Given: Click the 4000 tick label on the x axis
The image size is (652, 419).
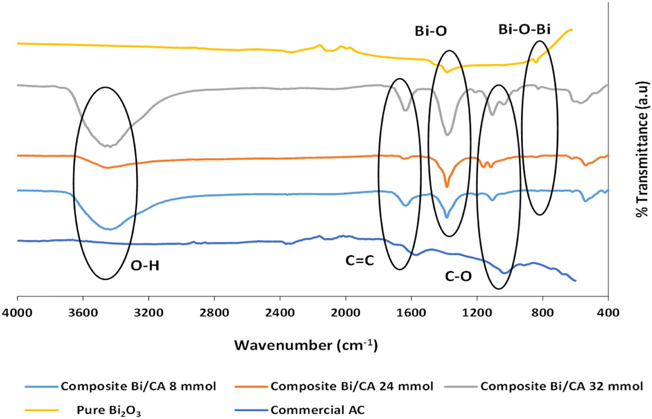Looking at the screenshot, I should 17,312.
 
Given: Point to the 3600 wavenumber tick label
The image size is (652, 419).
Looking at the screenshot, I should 83,312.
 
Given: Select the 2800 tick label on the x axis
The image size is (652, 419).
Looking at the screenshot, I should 214,312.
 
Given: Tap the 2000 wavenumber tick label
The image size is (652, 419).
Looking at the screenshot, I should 346,312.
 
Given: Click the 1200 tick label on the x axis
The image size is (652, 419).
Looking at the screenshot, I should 477,312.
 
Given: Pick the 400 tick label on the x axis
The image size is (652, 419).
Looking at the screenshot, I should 608,312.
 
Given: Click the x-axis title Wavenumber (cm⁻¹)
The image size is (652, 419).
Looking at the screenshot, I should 306,346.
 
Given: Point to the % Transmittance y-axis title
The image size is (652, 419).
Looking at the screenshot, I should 642,150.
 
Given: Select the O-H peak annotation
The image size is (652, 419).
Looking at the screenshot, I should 145,266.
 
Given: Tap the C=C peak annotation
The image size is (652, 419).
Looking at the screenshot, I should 359,261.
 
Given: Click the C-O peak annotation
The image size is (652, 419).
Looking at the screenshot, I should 458,276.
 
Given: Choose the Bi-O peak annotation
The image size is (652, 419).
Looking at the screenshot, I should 431,31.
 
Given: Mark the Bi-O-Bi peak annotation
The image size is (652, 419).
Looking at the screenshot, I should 525,29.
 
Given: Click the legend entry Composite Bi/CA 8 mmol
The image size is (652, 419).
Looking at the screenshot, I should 138,386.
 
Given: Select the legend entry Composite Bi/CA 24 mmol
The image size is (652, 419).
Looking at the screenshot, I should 352,386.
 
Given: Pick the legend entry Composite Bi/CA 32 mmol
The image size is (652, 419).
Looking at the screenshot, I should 562,386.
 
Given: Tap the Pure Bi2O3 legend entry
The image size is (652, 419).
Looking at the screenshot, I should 109,410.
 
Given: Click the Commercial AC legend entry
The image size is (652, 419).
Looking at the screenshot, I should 318,410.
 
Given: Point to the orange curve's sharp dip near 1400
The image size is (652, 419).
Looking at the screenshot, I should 447,186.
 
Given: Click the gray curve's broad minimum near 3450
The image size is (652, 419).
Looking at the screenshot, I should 109,146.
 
